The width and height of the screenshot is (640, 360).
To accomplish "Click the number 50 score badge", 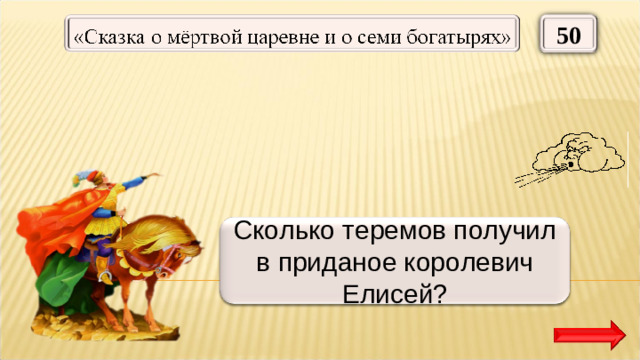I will (x=569, y=36).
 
